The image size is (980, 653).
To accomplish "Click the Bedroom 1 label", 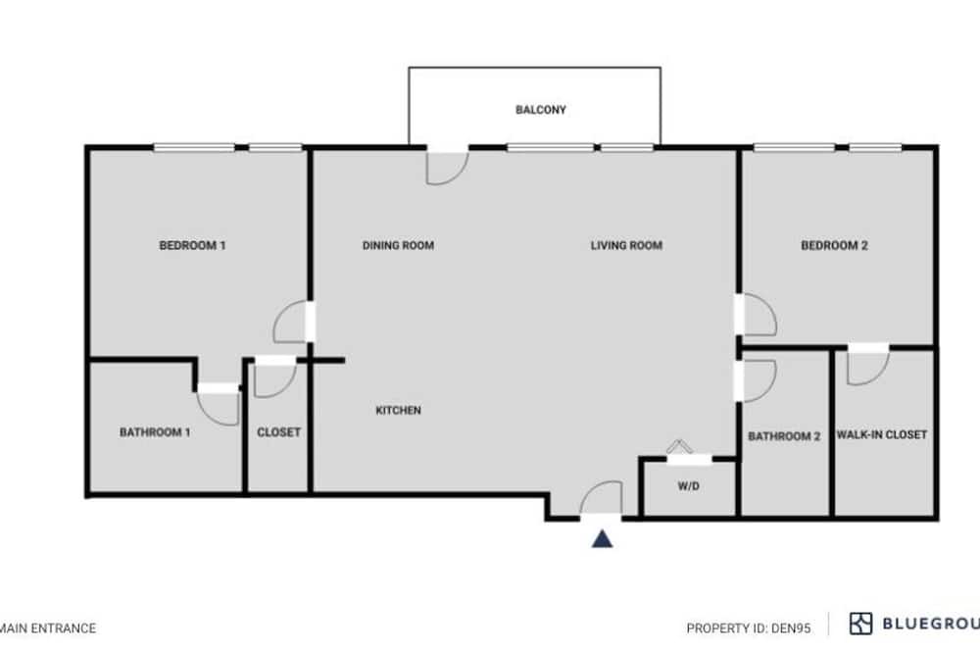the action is tap(192, 245).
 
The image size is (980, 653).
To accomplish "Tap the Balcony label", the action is tap(541, 110).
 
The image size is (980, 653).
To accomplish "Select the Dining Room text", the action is tap(398, 245).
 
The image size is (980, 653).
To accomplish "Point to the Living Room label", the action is tap(626, 245).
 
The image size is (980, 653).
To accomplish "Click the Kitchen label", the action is tap(398, 410).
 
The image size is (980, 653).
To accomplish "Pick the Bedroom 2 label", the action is tap(834, 245).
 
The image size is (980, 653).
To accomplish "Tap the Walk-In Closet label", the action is tap(882, 434).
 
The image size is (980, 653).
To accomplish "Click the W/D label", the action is tap(688, 486).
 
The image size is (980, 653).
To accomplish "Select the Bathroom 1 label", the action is tap(155, 432).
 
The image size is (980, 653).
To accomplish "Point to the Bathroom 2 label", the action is tap(784, 436).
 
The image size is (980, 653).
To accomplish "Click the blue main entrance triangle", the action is tap(602, 539).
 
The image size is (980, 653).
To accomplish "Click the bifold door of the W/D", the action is tap(679, 446).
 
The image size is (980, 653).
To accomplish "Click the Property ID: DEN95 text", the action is tap(748, 628).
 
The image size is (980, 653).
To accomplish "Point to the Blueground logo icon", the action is tap(860, 624).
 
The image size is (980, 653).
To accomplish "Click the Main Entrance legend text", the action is tap(47, 628).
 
